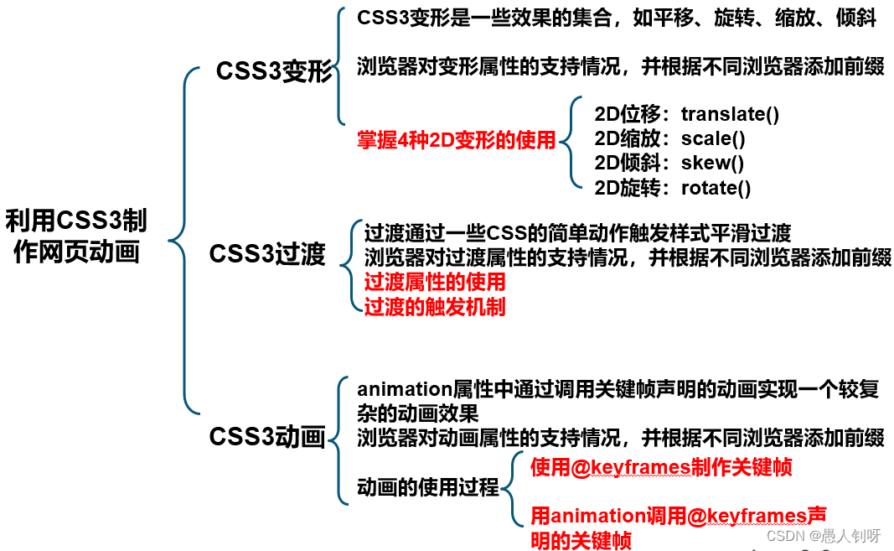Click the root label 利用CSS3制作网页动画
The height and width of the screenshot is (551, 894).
pyautogui.click(x=76, y=236)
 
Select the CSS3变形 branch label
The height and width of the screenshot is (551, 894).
pyautogui.click(x=274, y=72)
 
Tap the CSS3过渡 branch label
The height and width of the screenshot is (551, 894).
pyautogui.click(x=266, y=253)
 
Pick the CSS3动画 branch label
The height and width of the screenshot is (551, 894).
pyautogui.click(x=266, y=437)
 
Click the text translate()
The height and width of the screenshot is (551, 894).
pyautogui.click(x=730, y=114)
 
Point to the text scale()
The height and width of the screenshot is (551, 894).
pyautogui.click(x=713, y=138)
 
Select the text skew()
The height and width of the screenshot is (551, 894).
pyautogui.click(x=712, y=163)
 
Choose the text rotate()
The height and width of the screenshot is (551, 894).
pyautogui.click(x=716, y=188)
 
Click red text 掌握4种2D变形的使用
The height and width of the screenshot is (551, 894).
pyautogui.click(x=457, y=140)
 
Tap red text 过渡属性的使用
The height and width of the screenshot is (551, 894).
pyautogui.click(x=435, y=281)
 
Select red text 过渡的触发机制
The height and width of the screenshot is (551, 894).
pyautogui.click(x=435, y=306)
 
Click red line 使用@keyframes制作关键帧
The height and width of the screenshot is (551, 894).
pyautogui.click(x=661, y=467)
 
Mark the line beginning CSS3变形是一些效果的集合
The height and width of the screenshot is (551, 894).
pyautogui.click(x=616, y=18)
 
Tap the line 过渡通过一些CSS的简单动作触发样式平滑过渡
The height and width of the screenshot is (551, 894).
pyautogui.click(x=577, y=232)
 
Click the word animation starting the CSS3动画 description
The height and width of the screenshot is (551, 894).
pyautogui.click(x=405, y=389)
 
